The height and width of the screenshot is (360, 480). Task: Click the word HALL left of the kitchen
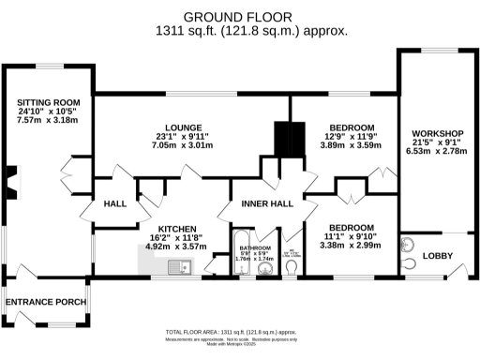point(115,203)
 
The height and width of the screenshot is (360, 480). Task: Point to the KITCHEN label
point(176,228)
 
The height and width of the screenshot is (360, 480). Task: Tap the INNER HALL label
point(267,203)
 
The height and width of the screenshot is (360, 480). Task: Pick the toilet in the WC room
point(292,268)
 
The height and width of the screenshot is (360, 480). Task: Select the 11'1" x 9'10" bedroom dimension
point(352,238)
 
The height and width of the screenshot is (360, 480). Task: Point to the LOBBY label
point(438,256)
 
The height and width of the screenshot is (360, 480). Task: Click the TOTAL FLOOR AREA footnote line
point(244,333)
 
